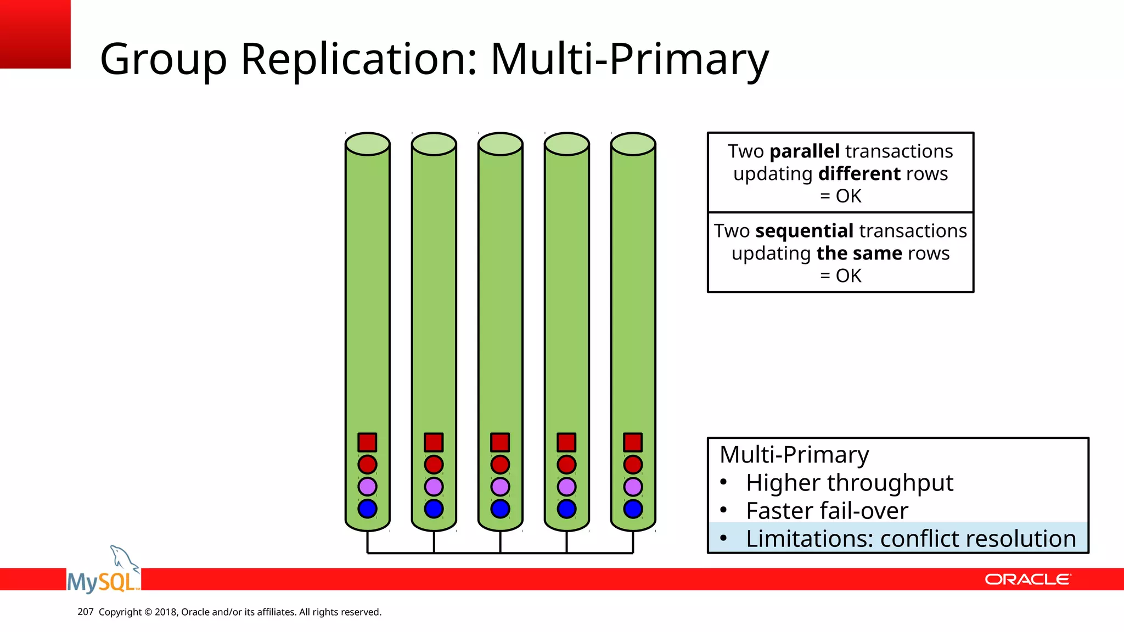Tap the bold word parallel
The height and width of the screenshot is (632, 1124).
click(x=804, y=151)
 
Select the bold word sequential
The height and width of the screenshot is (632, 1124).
click(x=804, y=231)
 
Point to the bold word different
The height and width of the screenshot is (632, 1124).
click(x=859, y=174)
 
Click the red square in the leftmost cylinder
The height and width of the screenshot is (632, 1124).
click(x=367, y=442)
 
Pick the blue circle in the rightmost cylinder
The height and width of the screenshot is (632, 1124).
click(x=633, y=509)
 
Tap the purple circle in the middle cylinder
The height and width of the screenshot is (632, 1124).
click(x=500, y=487)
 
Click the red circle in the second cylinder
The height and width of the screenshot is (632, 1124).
click(x=434, y=465)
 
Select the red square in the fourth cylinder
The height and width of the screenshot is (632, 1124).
click(x=566, y=442)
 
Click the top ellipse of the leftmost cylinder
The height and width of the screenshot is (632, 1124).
click(x=367, y=144)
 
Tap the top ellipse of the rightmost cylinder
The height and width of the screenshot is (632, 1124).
click(x=633, y=144)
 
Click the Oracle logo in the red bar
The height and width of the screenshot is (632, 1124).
click(x=1027, y=579)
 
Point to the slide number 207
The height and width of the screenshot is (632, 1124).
click(x=85, y=612)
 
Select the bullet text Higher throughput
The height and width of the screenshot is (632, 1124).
click(x=849, y=483)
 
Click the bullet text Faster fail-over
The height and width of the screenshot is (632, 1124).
click(x=827, y=511)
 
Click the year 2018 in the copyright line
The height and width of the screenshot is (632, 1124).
click(x=165, y=612)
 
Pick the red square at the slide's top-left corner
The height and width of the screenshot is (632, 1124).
click(x=35, y=34)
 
